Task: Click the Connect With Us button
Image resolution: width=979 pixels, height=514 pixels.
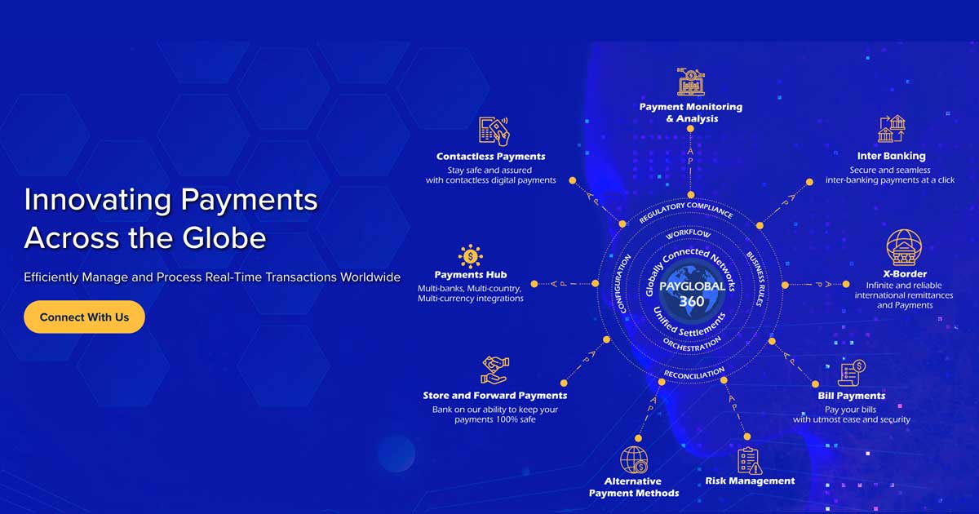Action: [x=84, y=317]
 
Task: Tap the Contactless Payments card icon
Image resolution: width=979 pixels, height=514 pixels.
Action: [x=494, y=131]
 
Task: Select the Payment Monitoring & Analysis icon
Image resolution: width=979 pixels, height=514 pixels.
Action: [x=690, y=82]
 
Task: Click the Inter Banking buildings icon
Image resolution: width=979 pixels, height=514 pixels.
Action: [x=892, y=129]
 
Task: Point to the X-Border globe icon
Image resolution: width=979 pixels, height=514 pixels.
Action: [x=904, y=247]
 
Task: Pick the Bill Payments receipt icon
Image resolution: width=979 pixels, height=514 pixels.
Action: [x=852, y=373]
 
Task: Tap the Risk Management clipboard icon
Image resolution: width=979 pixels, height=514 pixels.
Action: [x=750, y=461]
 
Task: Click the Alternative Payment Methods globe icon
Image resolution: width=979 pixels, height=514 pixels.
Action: [x=634, y=460]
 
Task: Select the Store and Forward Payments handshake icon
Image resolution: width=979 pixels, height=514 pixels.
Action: [x=495, y=370]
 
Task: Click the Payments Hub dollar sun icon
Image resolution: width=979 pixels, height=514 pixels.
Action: [x=470, y=256]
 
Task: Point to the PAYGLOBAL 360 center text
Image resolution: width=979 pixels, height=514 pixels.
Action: [x=692, y=294]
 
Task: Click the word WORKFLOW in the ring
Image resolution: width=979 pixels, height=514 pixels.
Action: [x=689, y=233]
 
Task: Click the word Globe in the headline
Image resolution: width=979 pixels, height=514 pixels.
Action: [x=224, y=237]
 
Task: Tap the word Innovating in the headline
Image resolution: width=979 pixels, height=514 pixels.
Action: [x=98, y=201]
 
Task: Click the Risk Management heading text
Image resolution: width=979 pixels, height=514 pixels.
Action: [x=750, y=481]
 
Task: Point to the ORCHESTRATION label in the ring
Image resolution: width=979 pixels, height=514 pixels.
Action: [x=693, y=345]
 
